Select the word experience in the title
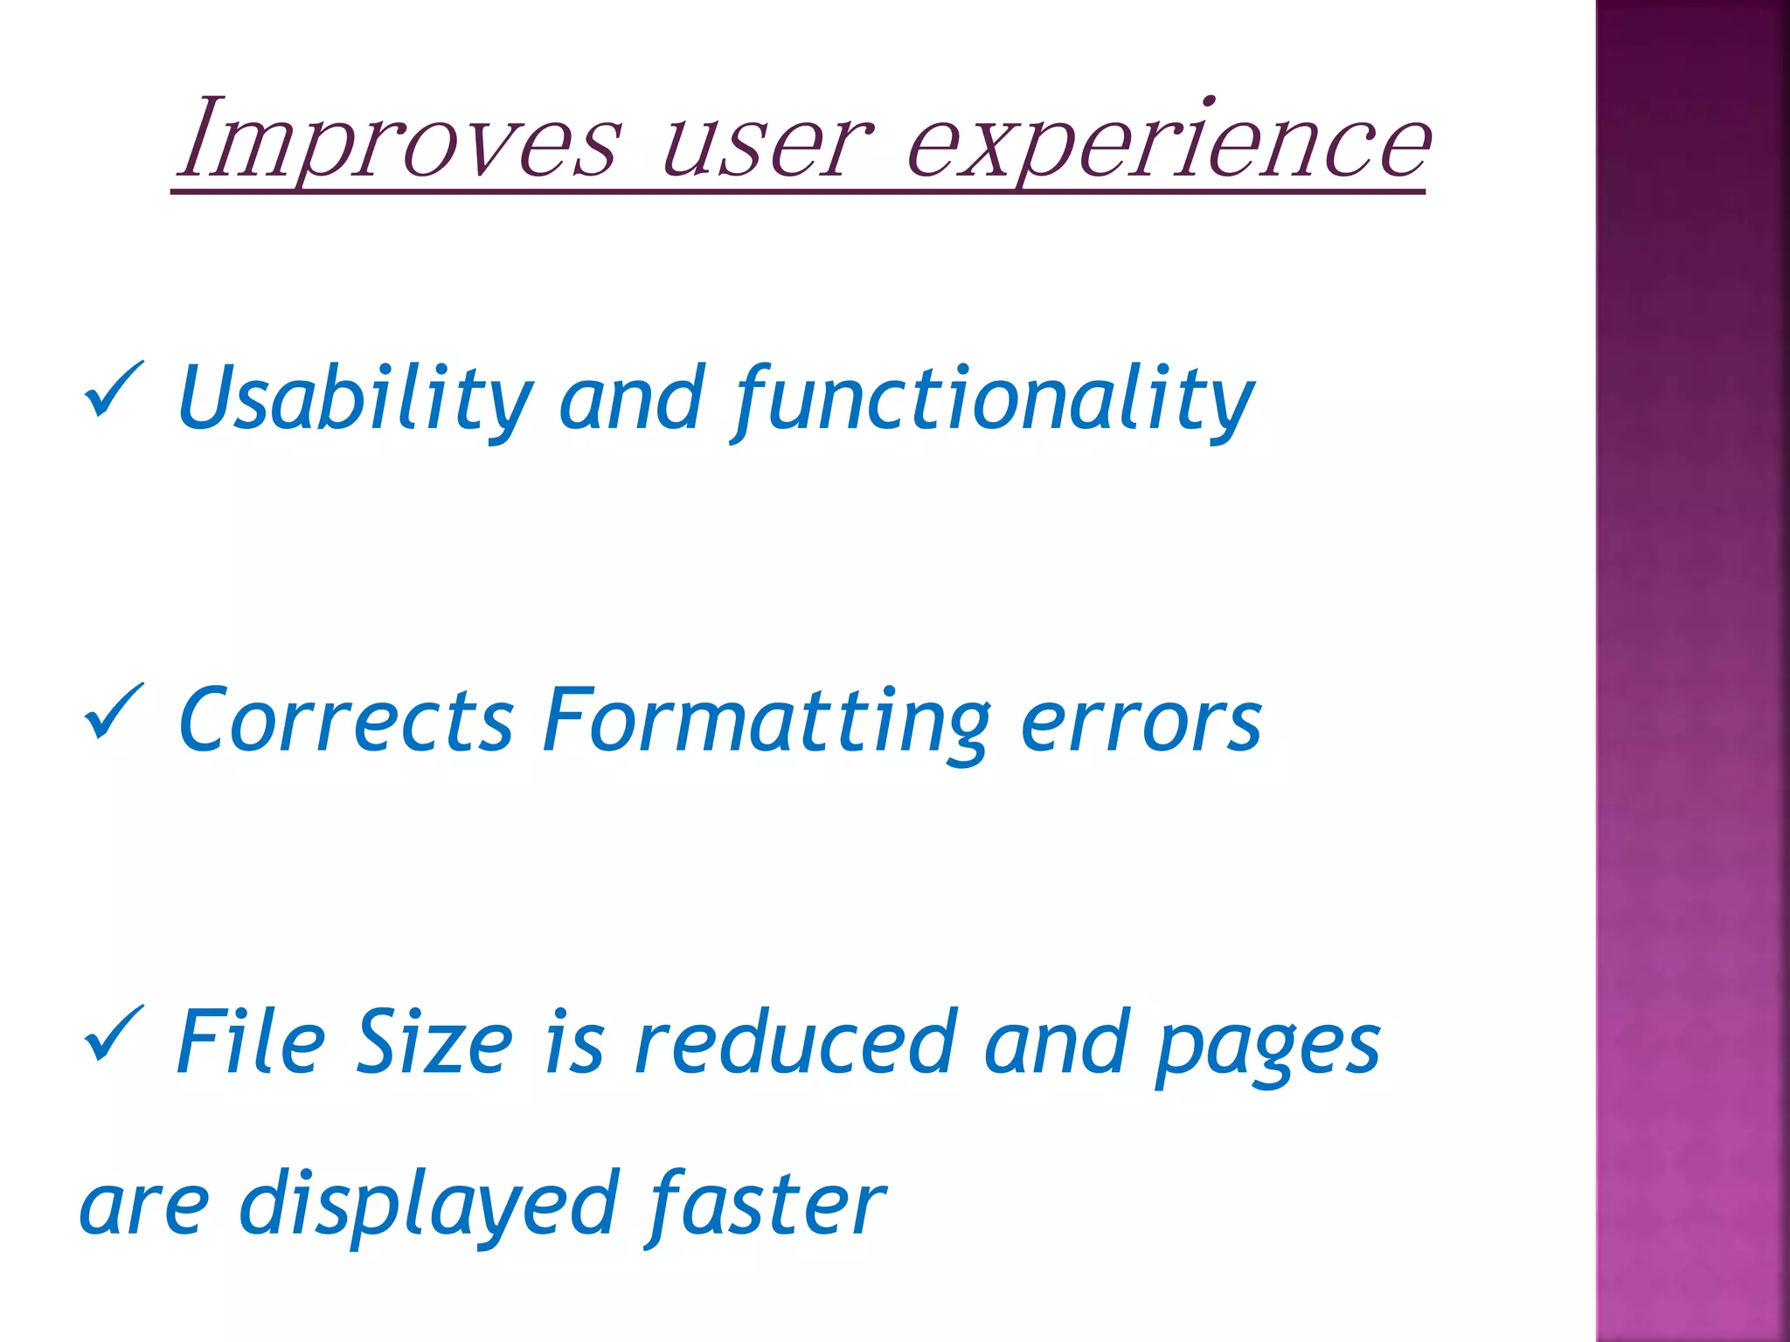[x=1168, y=144]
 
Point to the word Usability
[x=353, y=400]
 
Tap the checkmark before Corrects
[x=113, y=711]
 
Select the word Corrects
[x=345, y=722]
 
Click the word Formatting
[x=766, y=722]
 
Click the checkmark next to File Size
[x=113, y=1034]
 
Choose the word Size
[x=434, y=1042]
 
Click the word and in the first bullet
[x=631, y=400]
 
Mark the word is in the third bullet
[x=573, y=1042]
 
